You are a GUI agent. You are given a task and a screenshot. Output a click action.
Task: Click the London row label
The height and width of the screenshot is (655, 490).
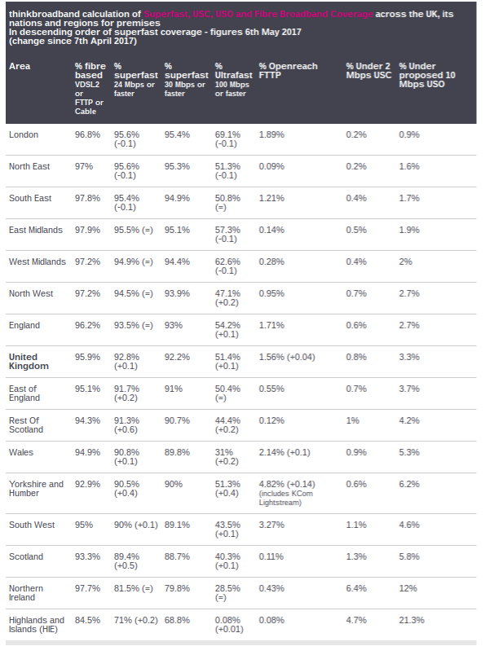pos(23,134)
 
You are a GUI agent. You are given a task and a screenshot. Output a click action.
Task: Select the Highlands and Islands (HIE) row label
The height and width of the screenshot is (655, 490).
pos(36,625)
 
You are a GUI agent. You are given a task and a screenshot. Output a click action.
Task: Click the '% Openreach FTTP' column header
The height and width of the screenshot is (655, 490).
pos(288,71)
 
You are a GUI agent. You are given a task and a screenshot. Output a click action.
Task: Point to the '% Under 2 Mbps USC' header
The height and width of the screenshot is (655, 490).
pos(367,71)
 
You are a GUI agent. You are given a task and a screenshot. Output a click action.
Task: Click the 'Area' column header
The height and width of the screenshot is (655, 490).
pos(20,66)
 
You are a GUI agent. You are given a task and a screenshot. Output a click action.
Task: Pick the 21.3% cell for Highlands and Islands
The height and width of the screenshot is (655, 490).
pos(412,620)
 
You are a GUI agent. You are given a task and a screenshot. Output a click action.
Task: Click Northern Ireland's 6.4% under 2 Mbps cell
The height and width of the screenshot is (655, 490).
pos(356,588)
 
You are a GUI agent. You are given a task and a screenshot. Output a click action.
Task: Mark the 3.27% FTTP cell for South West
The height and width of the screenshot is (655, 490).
pos(271,525)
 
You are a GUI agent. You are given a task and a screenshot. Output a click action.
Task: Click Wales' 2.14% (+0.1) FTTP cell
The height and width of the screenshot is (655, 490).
pos(284,452)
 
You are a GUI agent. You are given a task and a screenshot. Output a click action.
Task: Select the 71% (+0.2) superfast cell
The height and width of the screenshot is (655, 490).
pos(136,620)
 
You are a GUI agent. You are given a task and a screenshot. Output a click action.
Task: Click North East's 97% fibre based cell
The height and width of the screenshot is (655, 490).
pos(84,166)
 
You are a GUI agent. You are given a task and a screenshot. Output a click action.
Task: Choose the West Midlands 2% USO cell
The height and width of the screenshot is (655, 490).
pos(405,262)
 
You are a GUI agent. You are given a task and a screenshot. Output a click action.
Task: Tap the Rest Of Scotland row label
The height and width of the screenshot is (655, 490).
pos(26,424)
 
